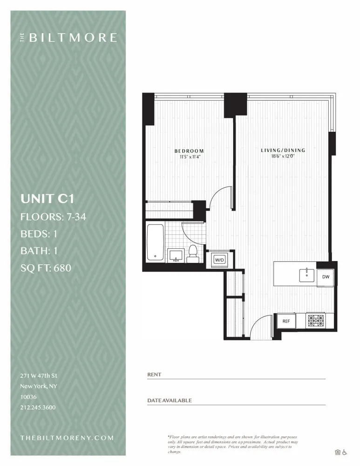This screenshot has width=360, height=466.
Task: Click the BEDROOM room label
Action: pyautogui.click(x=189, y=151)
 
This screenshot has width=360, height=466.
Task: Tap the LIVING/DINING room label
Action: pyautogui.click(x=283, y=150)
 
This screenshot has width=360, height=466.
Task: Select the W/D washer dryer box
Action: pyautogui.click(x=218, y=260)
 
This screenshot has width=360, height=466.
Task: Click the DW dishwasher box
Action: pyautogui.click(x=326, y=276)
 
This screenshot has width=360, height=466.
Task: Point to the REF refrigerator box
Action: pyautogui.click(x=286, y=321)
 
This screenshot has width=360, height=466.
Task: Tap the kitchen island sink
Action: pyautogui.click(x=307, y=274)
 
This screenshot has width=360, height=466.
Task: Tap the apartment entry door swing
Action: pyautogui.click(x=261, y=326)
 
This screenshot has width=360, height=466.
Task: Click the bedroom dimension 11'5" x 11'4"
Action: pyautogui.click(x=189, y=157)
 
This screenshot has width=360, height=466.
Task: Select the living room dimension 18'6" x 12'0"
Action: pyautogui.click(x=283, y=157)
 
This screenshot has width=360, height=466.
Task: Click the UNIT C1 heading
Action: pyautogui.click(x=48, y=199)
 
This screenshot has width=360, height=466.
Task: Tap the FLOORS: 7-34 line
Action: pyautogui.click(x=53, y=217)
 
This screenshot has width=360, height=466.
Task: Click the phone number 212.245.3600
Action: pyautogui.click(x=38, y=407)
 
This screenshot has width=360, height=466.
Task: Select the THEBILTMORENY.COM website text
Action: pyautogui.click(x=67, y=438)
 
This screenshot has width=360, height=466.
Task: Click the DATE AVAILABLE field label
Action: pyautogui.click(x=170, y=400)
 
